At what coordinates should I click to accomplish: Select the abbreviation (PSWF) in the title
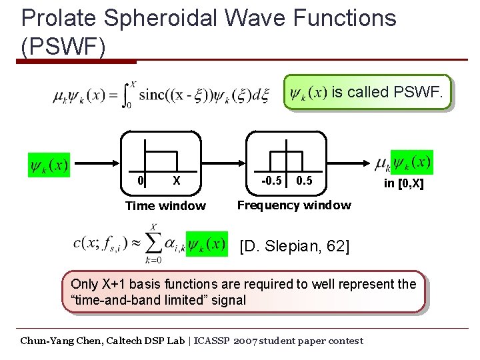(63, 47)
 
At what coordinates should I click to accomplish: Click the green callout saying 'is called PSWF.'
(367, 92)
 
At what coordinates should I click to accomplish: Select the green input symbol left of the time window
(49, 164)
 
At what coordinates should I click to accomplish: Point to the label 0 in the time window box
(141, 180)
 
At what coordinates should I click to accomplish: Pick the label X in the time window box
(176, 180)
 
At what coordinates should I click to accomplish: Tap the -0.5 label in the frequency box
(271, 180)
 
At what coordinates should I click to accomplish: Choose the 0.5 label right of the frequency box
(304, 180)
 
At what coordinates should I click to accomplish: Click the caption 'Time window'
(165, 206)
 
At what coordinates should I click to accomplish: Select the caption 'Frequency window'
(294, 205)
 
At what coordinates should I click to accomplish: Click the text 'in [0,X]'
(403, 183)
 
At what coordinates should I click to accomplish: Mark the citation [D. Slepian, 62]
(294, 246)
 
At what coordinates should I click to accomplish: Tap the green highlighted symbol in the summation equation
(206, 244)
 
